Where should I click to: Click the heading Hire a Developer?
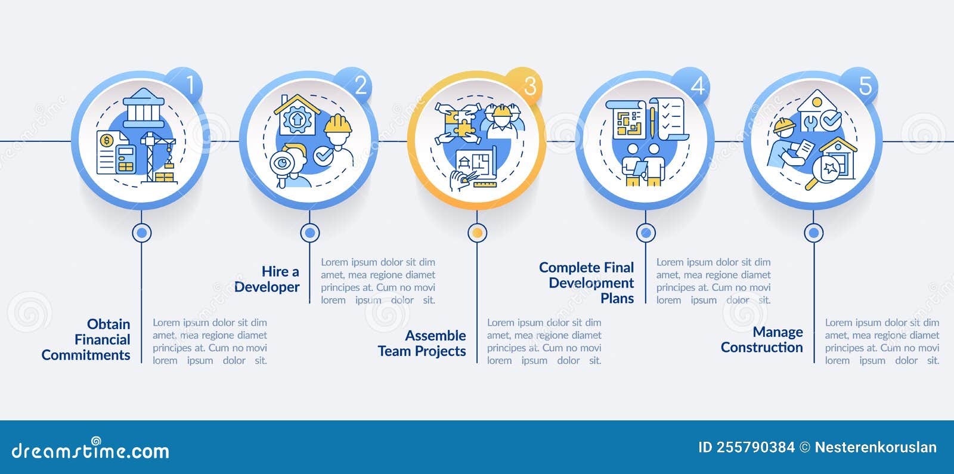pyautogui.click(x=267, y=279)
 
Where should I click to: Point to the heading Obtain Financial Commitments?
pyautogui.click(x=86, y=339)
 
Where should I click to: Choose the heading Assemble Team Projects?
pyautogui.click(x=422, y=343)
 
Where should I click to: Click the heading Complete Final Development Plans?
pyautogui.click(x=587, y=283)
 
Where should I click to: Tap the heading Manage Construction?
pyautogui.click(x=762, y=340)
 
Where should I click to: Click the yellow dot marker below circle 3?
pyautogui.click(x=477, y=233)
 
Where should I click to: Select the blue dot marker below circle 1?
pyautogui.click(x=141, y=233)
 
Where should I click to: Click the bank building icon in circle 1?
pyautogui.click(x=143, y=107)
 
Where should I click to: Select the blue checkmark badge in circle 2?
pyautogui.click(x=324, y=156)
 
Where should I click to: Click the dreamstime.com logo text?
pyautogui.click(x=91, y=451)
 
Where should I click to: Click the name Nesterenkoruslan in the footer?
pyautogui.click(x=875, y=448)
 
